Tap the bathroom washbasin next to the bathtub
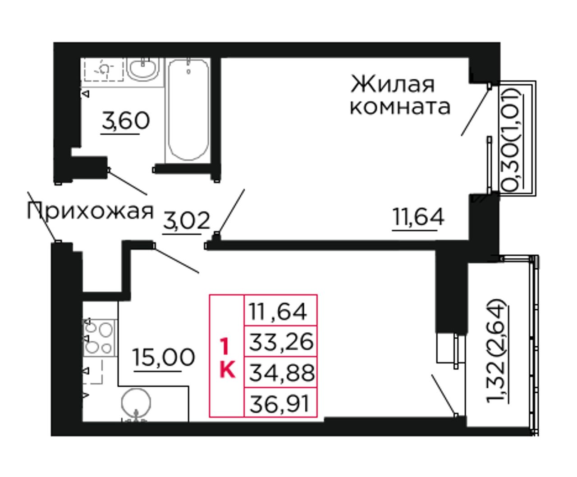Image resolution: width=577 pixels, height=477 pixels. [x=142, y=69]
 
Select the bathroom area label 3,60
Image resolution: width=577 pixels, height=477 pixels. [x=126, y=121]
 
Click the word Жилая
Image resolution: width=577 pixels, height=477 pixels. [x=393, y=85]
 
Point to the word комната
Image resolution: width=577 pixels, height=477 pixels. [x=400, y=107]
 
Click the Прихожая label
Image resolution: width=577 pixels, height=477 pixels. [x=90, y=211]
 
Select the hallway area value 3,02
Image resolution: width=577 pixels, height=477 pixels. [x=187, y=221]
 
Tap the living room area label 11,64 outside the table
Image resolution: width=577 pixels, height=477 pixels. [x=418, y=217]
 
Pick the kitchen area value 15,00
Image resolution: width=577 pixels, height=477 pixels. [x=164, y=358]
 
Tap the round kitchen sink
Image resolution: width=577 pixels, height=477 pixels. [x=136, y=403]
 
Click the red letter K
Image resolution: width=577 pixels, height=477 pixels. [x=228, y=370]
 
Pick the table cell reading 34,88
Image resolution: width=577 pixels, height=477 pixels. [x=281, y=372]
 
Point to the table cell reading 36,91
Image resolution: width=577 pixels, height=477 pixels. [x=281, y=403]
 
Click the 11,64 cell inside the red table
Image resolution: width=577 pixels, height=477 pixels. [x=281, y=311]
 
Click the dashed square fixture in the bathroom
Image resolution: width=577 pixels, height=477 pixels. [x=104, y=69]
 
